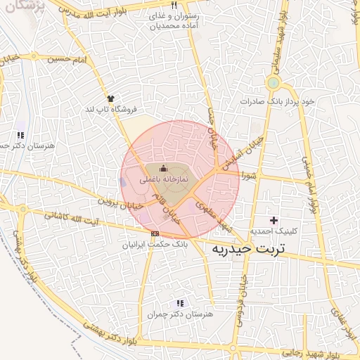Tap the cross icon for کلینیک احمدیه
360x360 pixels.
[x=274, y=221]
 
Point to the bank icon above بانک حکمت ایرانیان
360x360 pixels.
[x=155, y=234]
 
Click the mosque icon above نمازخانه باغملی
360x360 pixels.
[x=164, y=169]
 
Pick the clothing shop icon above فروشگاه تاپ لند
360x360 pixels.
[x=110, y=98]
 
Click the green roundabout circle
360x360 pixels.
[x=272, y=84]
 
